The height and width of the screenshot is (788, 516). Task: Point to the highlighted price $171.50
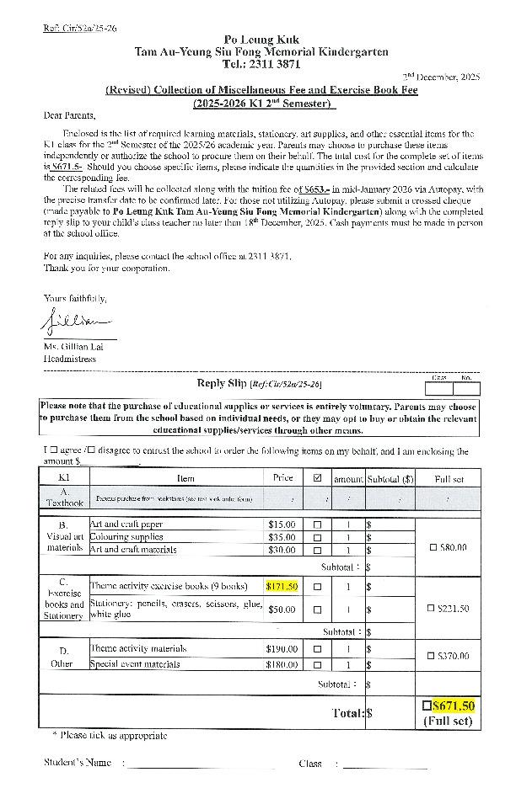[282, 586]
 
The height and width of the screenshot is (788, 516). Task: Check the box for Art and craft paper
[318, 524]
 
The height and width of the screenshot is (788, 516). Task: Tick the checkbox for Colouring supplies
[318, 537]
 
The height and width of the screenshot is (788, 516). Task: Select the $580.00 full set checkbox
[433, 548]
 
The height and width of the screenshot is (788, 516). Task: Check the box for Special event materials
[318, 665]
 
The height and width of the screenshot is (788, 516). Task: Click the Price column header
[283, 478]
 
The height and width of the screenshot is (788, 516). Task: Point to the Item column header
[185, 478]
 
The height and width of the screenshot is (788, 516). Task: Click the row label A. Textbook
[65, 498]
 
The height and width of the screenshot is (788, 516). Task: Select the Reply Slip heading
[223, 383]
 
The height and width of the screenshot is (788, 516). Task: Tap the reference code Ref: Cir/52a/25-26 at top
[80, 28]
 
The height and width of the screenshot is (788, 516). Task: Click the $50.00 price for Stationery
[282, 609]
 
